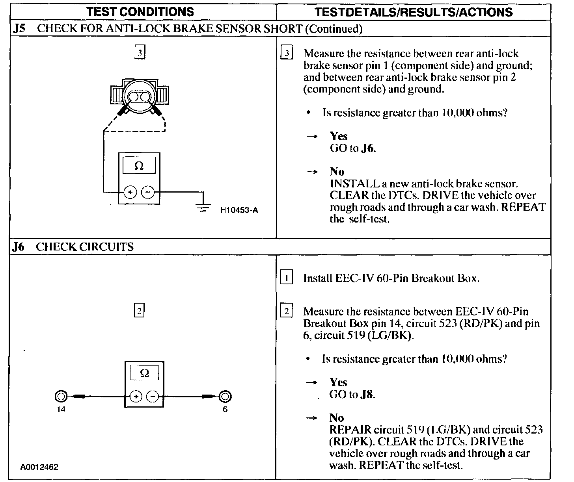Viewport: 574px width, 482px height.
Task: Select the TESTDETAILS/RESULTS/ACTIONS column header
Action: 414,12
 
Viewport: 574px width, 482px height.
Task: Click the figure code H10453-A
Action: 239,210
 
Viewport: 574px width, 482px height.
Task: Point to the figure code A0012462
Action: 39,467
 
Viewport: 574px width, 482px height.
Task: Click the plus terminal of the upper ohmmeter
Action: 130,192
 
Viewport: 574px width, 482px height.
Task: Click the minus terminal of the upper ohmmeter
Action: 148,192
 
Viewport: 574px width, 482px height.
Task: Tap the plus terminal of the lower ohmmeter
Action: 136,396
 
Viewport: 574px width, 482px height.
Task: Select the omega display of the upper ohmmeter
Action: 139,166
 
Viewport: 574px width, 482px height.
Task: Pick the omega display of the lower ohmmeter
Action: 144,373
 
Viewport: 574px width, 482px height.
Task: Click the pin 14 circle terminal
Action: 61,396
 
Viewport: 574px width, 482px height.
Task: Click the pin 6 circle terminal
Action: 225,396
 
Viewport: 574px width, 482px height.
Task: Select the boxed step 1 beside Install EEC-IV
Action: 286,278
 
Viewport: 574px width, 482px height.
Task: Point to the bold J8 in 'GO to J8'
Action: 367,395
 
